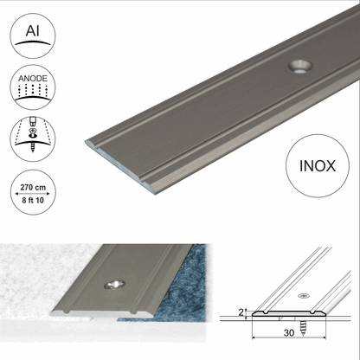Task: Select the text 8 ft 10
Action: click(33, 200)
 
